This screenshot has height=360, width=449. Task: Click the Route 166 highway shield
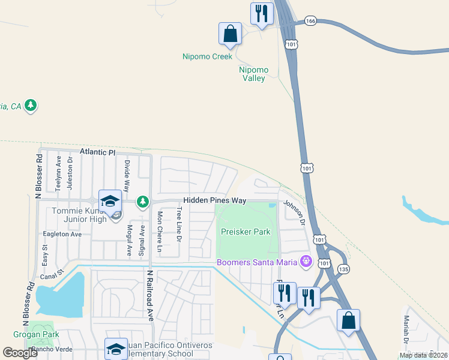tap(310, 21)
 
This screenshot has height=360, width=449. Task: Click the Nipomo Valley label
tap(254, 74)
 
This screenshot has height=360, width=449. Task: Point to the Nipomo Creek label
tap(206, 57)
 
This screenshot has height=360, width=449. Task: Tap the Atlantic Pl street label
tap(97, 153)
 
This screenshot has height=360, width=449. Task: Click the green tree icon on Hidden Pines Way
tap(143, 202)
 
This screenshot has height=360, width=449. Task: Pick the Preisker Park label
tap(246, 232)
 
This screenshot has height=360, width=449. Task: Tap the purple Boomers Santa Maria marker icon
tap(307, 262)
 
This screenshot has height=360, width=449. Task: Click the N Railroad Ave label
tap(150, 295)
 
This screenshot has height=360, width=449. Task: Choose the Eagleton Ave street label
tap(62, 235)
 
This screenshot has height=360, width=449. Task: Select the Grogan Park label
tap(28, 334)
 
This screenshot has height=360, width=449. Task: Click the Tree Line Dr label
tap(179, 224)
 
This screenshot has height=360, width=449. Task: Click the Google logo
tap(20, 353)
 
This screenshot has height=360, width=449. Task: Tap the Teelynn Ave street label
tap(58, 173)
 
